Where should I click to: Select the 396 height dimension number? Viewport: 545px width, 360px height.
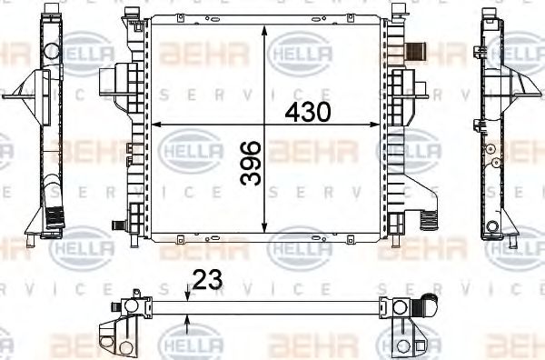tap(251, 163)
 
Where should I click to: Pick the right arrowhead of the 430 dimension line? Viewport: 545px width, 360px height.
tap(380, 125)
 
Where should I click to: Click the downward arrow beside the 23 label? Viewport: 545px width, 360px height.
tap(186, 293)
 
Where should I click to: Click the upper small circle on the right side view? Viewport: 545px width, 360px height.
tap(490, 148)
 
